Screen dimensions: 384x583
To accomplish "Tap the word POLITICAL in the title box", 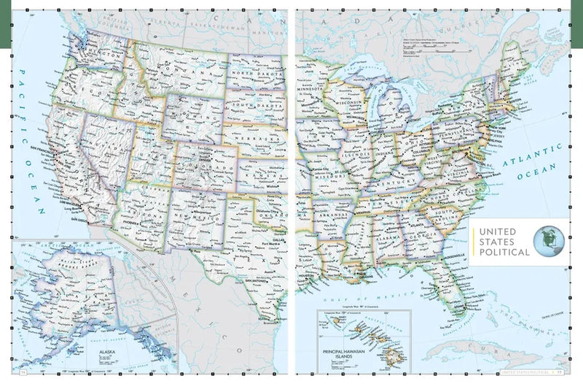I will point(504,252).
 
